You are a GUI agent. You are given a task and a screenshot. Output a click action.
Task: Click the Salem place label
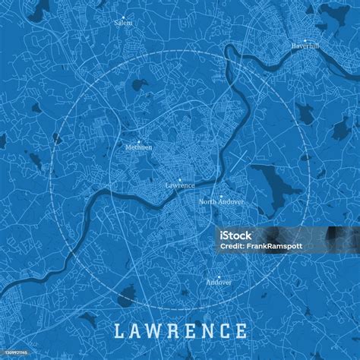click(123, 23)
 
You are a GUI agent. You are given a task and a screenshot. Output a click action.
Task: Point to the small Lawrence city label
click(180, 185)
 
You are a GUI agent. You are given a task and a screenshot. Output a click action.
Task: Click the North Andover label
click(221, 202)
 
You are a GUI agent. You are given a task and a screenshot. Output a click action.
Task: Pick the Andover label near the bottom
click(219, 282)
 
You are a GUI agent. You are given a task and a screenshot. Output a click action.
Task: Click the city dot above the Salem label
click(123, 16)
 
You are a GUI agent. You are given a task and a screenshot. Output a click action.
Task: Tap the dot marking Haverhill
click(305, 39)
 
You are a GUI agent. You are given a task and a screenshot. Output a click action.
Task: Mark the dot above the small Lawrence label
click(180, 179)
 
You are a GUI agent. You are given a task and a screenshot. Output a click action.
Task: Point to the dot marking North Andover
click(221, 196)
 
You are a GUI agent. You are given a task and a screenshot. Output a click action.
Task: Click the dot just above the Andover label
click(219, 276)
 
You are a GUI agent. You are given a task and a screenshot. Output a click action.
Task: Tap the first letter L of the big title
click(119, 331)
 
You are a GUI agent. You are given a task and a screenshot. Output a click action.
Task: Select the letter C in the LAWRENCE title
click(225, 331)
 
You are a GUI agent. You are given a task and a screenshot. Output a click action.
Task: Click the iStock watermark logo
click(236, 235)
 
